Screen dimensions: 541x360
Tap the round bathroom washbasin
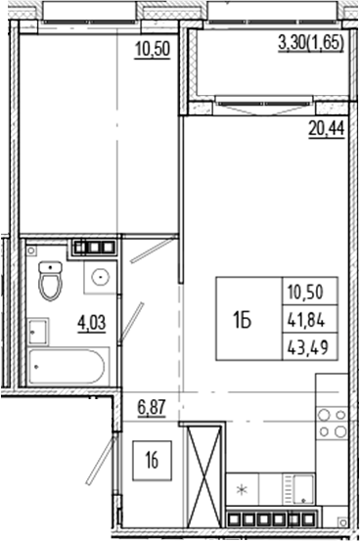pos(97,278)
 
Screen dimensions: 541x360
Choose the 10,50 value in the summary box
pos(312,292)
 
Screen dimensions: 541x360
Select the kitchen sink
pos(297,487)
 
